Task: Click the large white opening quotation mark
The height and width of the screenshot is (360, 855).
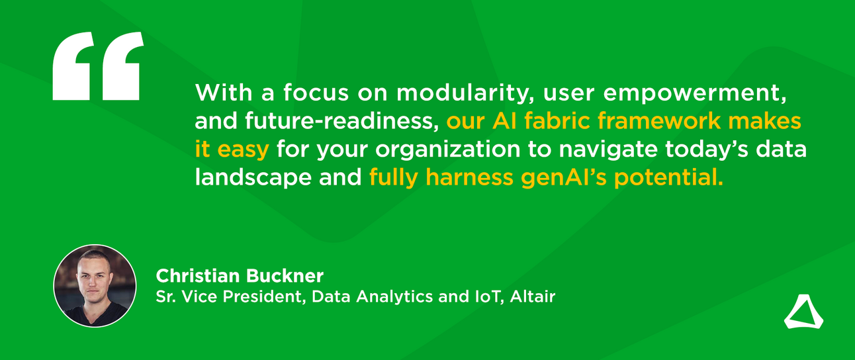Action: [97, 66]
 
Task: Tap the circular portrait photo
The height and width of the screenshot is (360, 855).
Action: [95, 286]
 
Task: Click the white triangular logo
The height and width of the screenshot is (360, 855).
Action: [803, 312]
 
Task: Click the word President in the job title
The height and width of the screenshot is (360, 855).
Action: [267, 297]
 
